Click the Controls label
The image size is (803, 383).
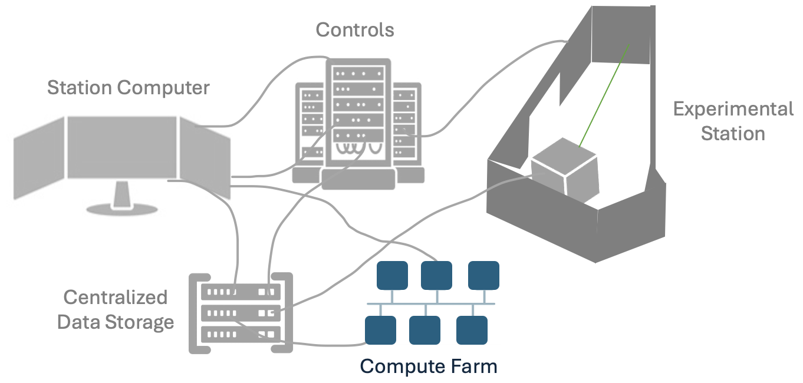point(355,29)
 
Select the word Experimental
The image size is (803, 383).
point(733,109)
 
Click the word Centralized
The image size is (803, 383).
point(116,298)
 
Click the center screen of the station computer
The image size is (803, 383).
point(121,147)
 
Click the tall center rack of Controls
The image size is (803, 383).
point(358,118)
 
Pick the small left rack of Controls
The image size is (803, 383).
point(312,127)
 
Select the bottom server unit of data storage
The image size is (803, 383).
point(241,334)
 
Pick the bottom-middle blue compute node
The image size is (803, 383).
point(424,330)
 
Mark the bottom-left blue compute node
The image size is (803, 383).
point(380,330)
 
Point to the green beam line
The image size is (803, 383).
point(604,94)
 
